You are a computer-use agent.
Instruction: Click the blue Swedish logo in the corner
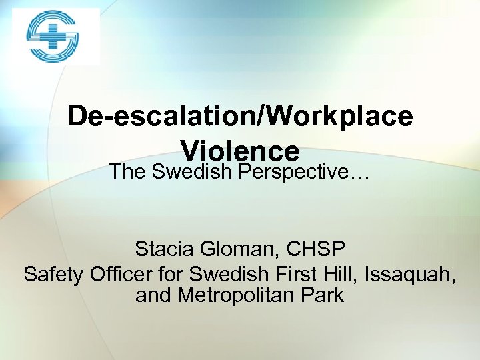pos(53,37)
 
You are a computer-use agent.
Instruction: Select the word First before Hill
pos(291,273)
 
